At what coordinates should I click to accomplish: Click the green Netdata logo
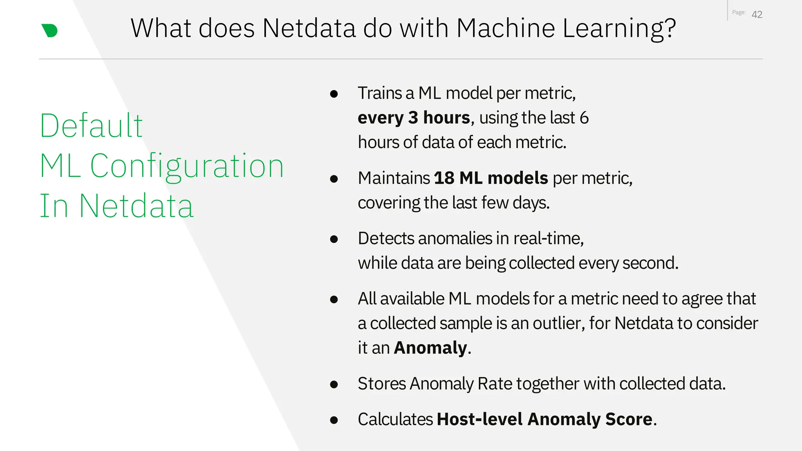(50, 31)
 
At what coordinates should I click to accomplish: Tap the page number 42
(757, 14)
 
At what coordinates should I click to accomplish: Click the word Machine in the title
(506, 28)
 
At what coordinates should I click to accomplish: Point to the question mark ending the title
(670, 28)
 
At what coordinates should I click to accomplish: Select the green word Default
(91, 126)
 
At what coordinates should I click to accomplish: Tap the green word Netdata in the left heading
(136, 206)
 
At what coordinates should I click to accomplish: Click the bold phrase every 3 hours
(414, 118)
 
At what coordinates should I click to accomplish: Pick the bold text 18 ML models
(491, 178)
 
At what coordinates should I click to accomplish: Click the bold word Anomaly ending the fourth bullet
(430, 348)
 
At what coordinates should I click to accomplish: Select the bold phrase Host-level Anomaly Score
(545, 419)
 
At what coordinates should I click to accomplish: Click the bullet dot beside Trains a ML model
(334, 94)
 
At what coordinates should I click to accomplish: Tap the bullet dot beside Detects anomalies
(334, 239)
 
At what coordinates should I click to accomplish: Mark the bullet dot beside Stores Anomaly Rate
(334, 384)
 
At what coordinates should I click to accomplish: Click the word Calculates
(395, 419)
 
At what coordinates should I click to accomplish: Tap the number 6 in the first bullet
(584, 118)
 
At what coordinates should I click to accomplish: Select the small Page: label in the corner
(739, 13)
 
